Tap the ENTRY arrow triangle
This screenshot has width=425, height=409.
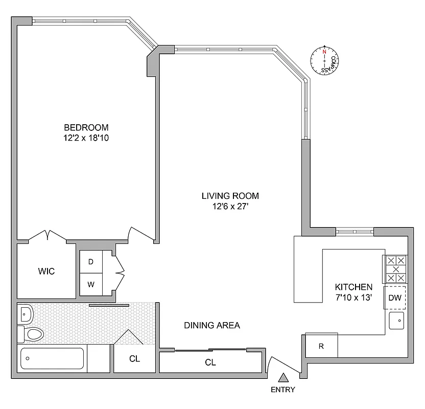click(283, 378)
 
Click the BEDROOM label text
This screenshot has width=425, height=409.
click(86, 127)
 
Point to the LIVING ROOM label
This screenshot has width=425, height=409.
click(230, 196)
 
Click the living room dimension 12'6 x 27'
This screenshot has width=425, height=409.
click(230, 206)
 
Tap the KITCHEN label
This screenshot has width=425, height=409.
click(353, 287)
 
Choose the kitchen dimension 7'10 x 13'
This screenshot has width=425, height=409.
click(353, 297)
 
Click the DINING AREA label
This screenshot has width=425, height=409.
click(212, 325)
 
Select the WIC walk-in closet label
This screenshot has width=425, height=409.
click(45, 271)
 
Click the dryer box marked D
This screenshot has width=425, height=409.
click(91, 262)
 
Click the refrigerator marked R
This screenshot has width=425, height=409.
click(321, 346)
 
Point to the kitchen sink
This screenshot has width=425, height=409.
click(396, 321)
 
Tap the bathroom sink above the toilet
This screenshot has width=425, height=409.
click(25, 312)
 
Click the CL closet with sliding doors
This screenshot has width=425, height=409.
click(210, 362)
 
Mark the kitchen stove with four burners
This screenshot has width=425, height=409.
click(395, 269)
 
